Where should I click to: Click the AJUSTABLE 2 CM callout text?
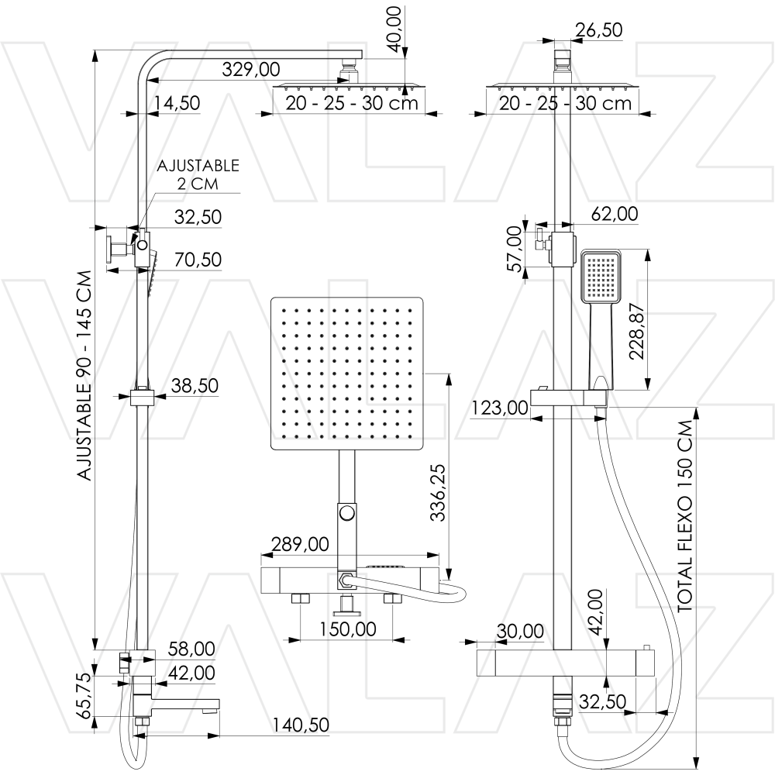click(198, 175)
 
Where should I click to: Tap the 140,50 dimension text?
click(300, 725)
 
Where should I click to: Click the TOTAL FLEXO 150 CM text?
click(684, 517)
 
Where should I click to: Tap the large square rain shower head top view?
click(347, 374)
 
